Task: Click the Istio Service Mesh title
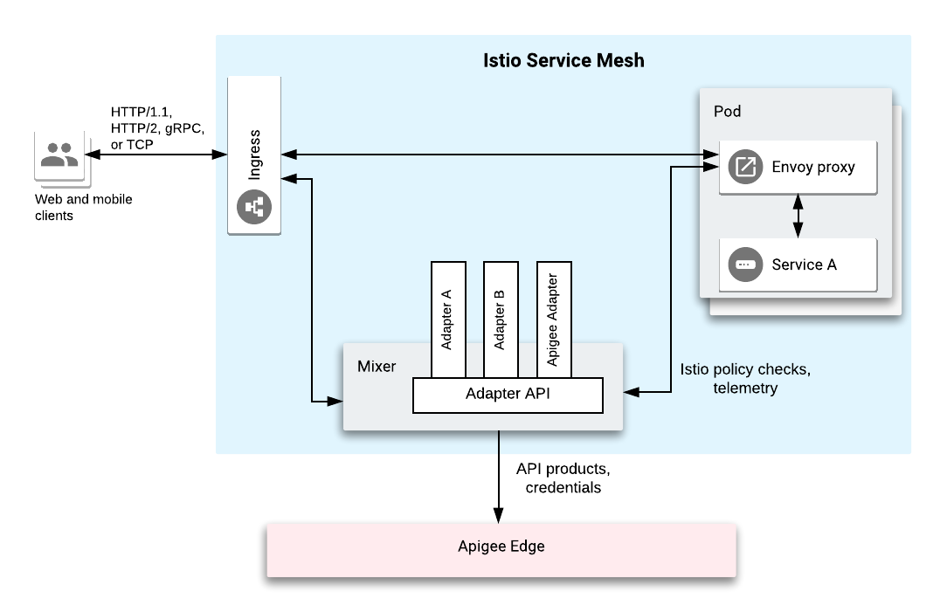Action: (x=563, y=60)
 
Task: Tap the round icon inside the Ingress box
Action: (x=254, y=207)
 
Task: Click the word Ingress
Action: (x=254, y=155)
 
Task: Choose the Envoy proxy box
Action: (x=797, y=167)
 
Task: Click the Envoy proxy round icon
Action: (x=744, y=167)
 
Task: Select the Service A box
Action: (x=797, y=265)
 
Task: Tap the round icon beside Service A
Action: (x=744, y=265)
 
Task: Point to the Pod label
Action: (x=727, y=112)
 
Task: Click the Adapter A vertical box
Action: (x=448, y=319)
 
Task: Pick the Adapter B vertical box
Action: (x=501, y=319)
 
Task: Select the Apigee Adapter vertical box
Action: (x=553, y=319)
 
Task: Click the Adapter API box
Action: (x=508, y=395)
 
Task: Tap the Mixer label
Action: (x=377, y=366)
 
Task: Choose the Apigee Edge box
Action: (x=501, y=547)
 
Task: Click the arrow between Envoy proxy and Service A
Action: (x=797, y=216)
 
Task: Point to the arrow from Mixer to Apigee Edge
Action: (x=499, y=476)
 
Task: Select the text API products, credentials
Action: (x=563, y=478)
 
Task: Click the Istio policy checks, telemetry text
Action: (x=744, y=378)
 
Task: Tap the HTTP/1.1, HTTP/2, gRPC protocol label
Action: (x=157, y=127)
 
